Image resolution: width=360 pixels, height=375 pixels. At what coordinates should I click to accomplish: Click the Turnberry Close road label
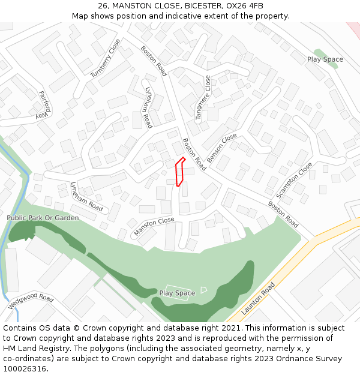(x=106, y=58)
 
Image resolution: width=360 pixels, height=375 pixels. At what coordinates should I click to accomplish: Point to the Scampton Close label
(x=294, y=181)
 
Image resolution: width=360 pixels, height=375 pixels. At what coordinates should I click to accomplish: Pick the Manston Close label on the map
(x=154, y=226)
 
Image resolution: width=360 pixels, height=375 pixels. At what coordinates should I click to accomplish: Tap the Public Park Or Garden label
(x=43, y=218)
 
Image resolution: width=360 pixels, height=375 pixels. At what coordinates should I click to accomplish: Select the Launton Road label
(x=258, y=299)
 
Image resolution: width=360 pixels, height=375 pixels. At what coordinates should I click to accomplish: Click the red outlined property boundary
(x=178, y=172)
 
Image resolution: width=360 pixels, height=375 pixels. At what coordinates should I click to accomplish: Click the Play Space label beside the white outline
(x=177, y=293)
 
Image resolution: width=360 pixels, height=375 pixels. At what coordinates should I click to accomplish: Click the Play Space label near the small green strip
(x=325, y=59)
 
